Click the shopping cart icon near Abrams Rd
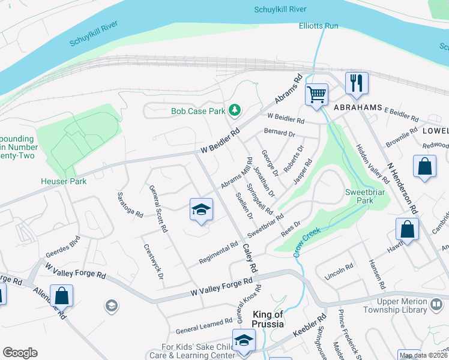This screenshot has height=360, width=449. click(316, 95)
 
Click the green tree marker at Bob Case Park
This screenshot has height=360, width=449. click(235, 110)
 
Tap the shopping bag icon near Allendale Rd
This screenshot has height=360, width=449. click(62, 296)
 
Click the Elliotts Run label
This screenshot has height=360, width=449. click(319, 26)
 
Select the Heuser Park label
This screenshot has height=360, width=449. click(64, 181)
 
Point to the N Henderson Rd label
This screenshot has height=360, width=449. click(402, 188)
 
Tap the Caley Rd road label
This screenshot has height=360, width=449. click(249, 257)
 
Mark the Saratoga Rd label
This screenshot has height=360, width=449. click(129, 206)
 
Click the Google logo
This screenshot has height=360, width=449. click(20, 353)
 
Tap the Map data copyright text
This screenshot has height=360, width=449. click(423, 355)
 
